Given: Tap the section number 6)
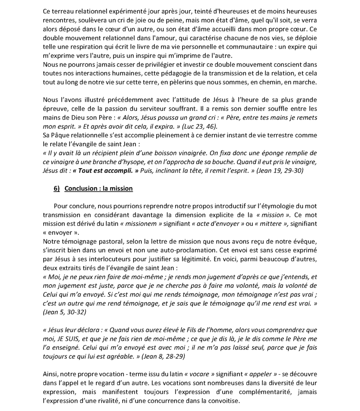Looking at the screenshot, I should tap(57, 189).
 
